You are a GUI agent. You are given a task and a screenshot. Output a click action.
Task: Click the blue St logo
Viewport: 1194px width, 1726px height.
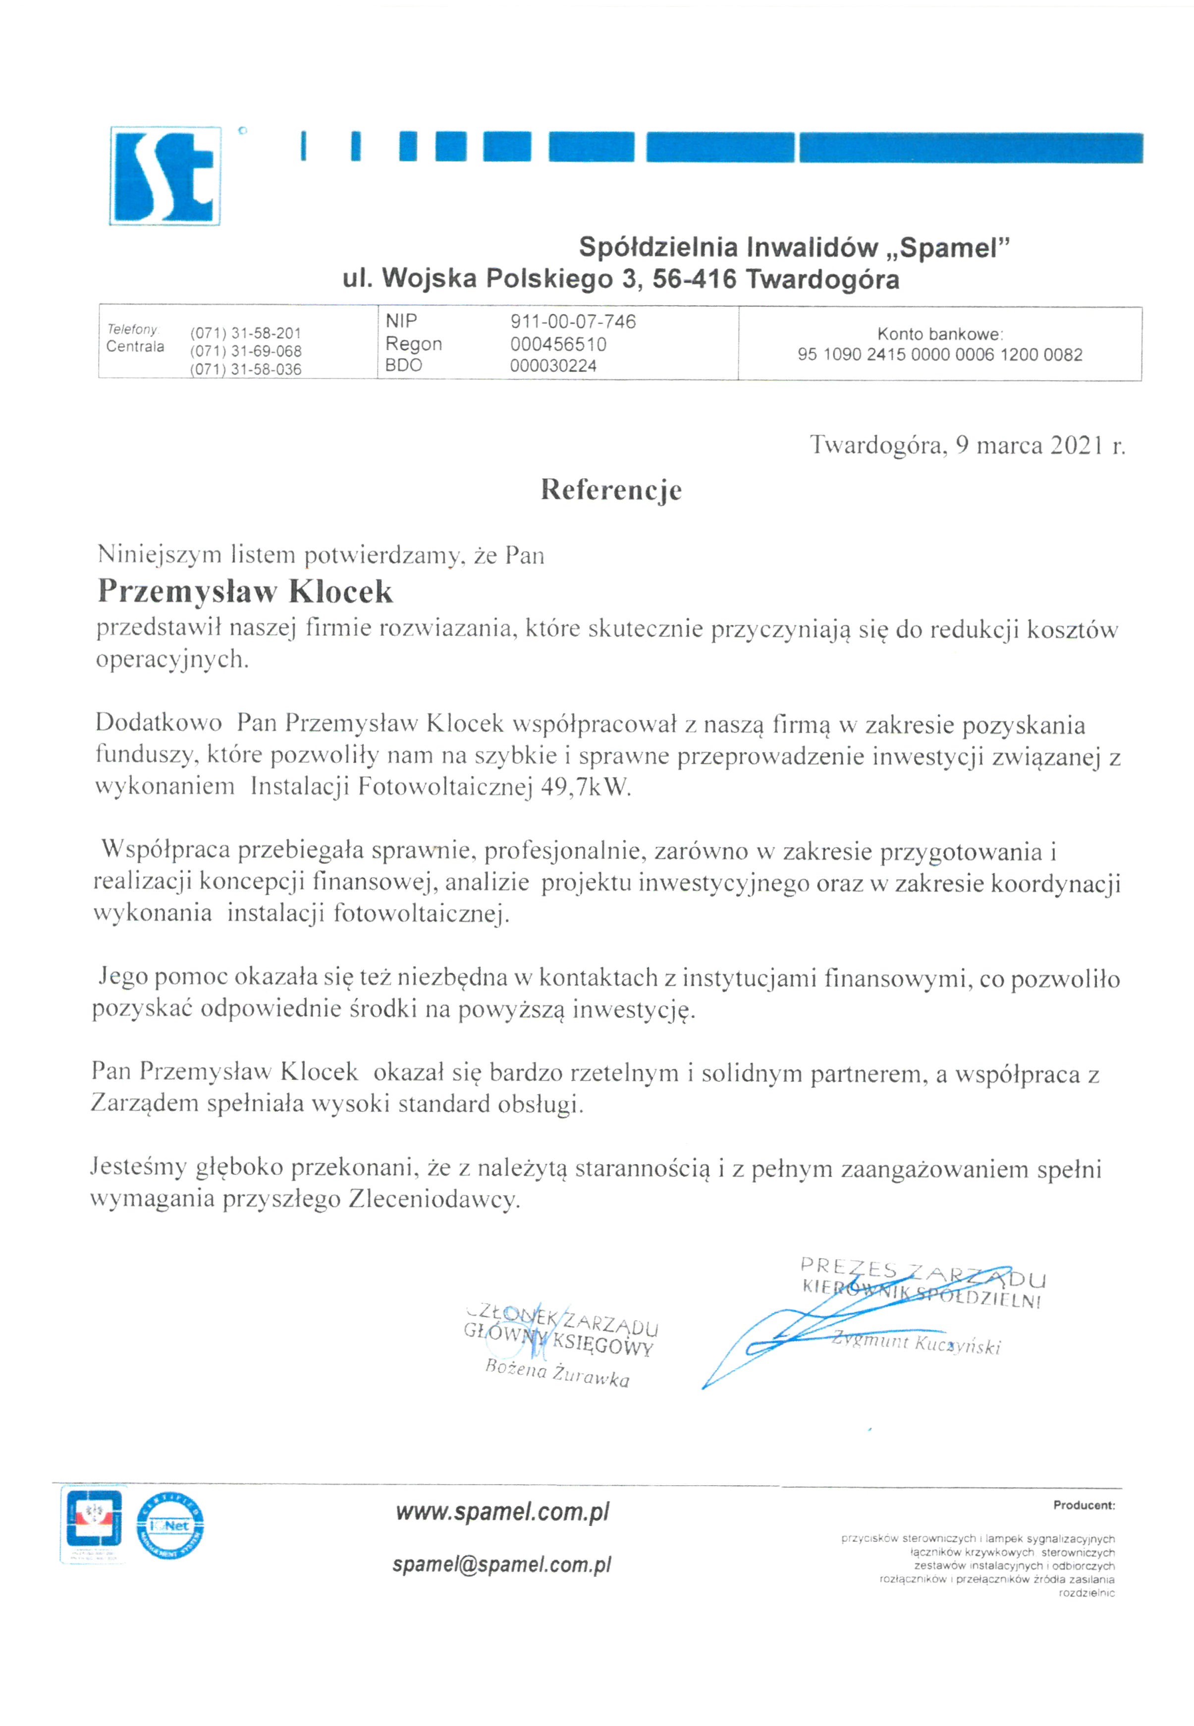tap(165, 176)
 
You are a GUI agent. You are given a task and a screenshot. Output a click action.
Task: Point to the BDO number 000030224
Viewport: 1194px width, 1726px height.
tap(553, 366)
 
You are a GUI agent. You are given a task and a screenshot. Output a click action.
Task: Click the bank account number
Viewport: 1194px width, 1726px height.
tap(940, 355)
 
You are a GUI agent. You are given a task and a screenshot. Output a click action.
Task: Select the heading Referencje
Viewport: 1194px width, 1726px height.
tap(611, 490)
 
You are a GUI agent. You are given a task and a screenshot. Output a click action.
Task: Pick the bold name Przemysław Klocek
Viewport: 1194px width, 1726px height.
tap(245, 592)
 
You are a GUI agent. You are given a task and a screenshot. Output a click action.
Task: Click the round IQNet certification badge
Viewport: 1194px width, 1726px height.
tap(170, 1526)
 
